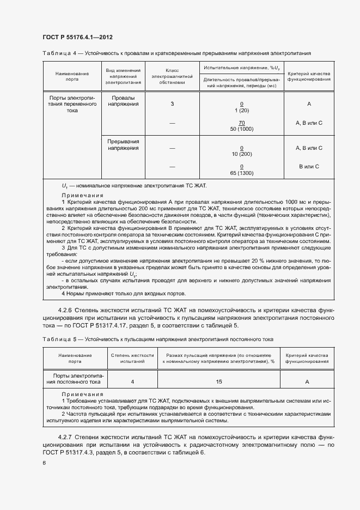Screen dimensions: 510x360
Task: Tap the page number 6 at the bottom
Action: pyautogui.click(x=44, y=463)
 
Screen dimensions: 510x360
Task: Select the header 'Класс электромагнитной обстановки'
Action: pyautogui.click(x=172, y=76)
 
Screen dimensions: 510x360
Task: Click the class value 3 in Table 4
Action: pyautogui.click(x=172, y=104)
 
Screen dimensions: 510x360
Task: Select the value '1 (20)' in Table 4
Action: pyautogui.click(x=241, y=110)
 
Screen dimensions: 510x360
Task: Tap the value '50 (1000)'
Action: pyautogui.click(x=241, y=129)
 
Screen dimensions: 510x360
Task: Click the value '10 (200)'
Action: pyautogui.click(x=241, y=154)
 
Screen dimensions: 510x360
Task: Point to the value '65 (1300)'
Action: pyautogui.click(x=241, y=173)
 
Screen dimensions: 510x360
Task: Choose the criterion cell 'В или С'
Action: pyautogui.click(x=309, y=167)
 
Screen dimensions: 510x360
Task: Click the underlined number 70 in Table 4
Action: pyautogui.click(x=241, y=123)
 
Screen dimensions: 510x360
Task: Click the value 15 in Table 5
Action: pyautogui.click(x=219, y=381)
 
